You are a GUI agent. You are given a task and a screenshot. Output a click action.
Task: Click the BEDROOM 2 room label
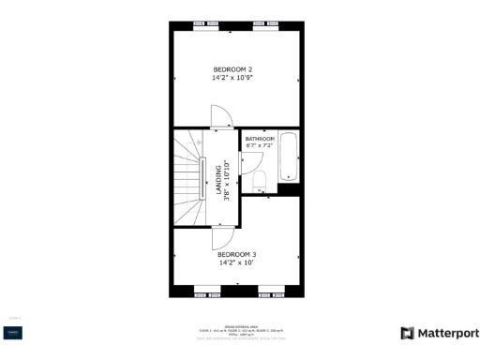point(232,69)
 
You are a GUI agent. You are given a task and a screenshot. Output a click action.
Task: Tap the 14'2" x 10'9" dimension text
point(232,78)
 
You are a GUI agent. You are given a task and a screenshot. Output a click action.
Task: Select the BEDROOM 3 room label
point(237,254)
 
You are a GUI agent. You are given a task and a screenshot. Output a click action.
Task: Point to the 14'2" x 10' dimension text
point(237,262)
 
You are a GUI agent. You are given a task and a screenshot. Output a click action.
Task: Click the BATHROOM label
point(261,139)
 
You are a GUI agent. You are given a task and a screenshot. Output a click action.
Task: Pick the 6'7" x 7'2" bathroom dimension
point(259,146)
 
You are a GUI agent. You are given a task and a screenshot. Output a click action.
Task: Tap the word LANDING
point(219,180)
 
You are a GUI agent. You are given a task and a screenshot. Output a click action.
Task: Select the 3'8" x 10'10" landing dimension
point(227,180)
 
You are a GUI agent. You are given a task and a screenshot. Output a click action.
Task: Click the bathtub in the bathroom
point(289,159)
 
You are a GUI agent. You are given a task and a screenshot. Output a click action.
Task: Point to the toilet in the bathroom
point(262,180)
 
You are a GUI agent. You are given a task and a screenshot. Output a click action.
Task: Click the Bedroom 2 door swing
point(222,117)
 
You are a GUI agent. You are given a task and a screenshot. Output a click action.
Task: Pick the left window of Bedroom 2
point(199,24)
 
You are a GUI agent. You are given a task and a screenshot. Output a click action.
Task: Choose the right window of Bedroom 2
point(265,24)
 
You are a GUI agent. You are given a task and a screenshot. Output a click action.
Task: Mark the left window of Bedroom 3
point(205,293)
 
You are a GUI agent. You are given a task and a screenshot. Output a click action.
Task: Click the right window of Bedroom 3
point(272,293)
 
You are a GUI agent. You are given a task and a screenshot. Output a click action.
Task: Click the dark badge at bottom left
point(13,332)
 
